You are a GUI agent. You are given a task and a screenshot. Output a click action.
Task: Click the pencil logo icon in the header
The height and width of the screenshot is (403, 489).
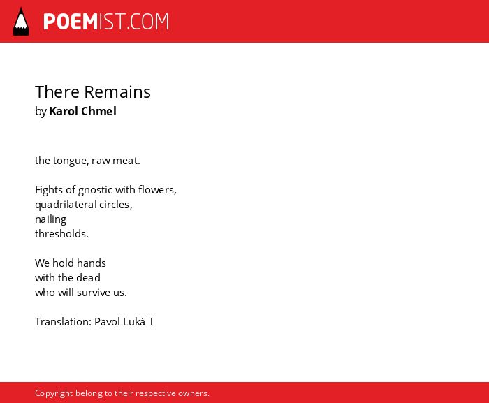pos(21,21)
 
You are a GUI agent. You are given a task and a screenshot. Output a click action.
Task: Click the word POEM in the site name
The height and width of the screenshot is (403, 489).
pos(71,22)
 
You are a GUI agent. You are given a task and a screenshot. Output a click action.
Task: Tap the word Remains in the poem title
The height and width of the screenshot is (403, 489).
pos(117,92)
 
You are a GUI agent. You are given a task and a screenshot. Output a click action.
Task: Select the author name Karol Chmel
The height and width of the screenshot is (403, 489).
pos(82,111)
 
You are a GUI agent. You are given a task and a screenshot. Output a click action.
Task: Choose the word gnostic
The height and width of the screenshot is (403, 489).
pos(95,190)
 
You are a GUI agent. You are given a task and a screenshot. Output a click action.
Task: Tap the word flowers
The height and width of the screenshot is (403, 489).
pos(157,190)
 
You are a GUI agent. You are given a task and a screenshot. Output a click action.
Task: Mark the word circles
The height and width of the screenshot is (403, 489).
pos(116,205)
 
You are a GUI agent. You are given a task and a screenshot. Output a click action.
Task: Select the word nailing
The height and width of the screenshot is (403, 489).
pos(50,219)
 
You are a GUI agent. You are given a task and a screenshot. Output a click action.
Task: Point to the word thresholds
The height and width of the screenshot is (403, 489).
pos(61,233)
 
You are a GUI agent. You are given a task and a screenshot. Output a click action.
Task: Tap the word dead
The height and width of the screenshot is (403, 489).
pos(88,277)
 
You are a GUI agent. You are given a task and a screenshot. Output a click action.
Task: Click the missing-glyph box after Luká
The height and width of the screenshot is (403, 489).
pos(149,321)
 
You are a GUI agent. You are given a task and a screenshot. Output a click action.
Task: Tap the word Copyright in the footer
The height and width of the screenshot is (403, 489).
pos(54,393)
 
